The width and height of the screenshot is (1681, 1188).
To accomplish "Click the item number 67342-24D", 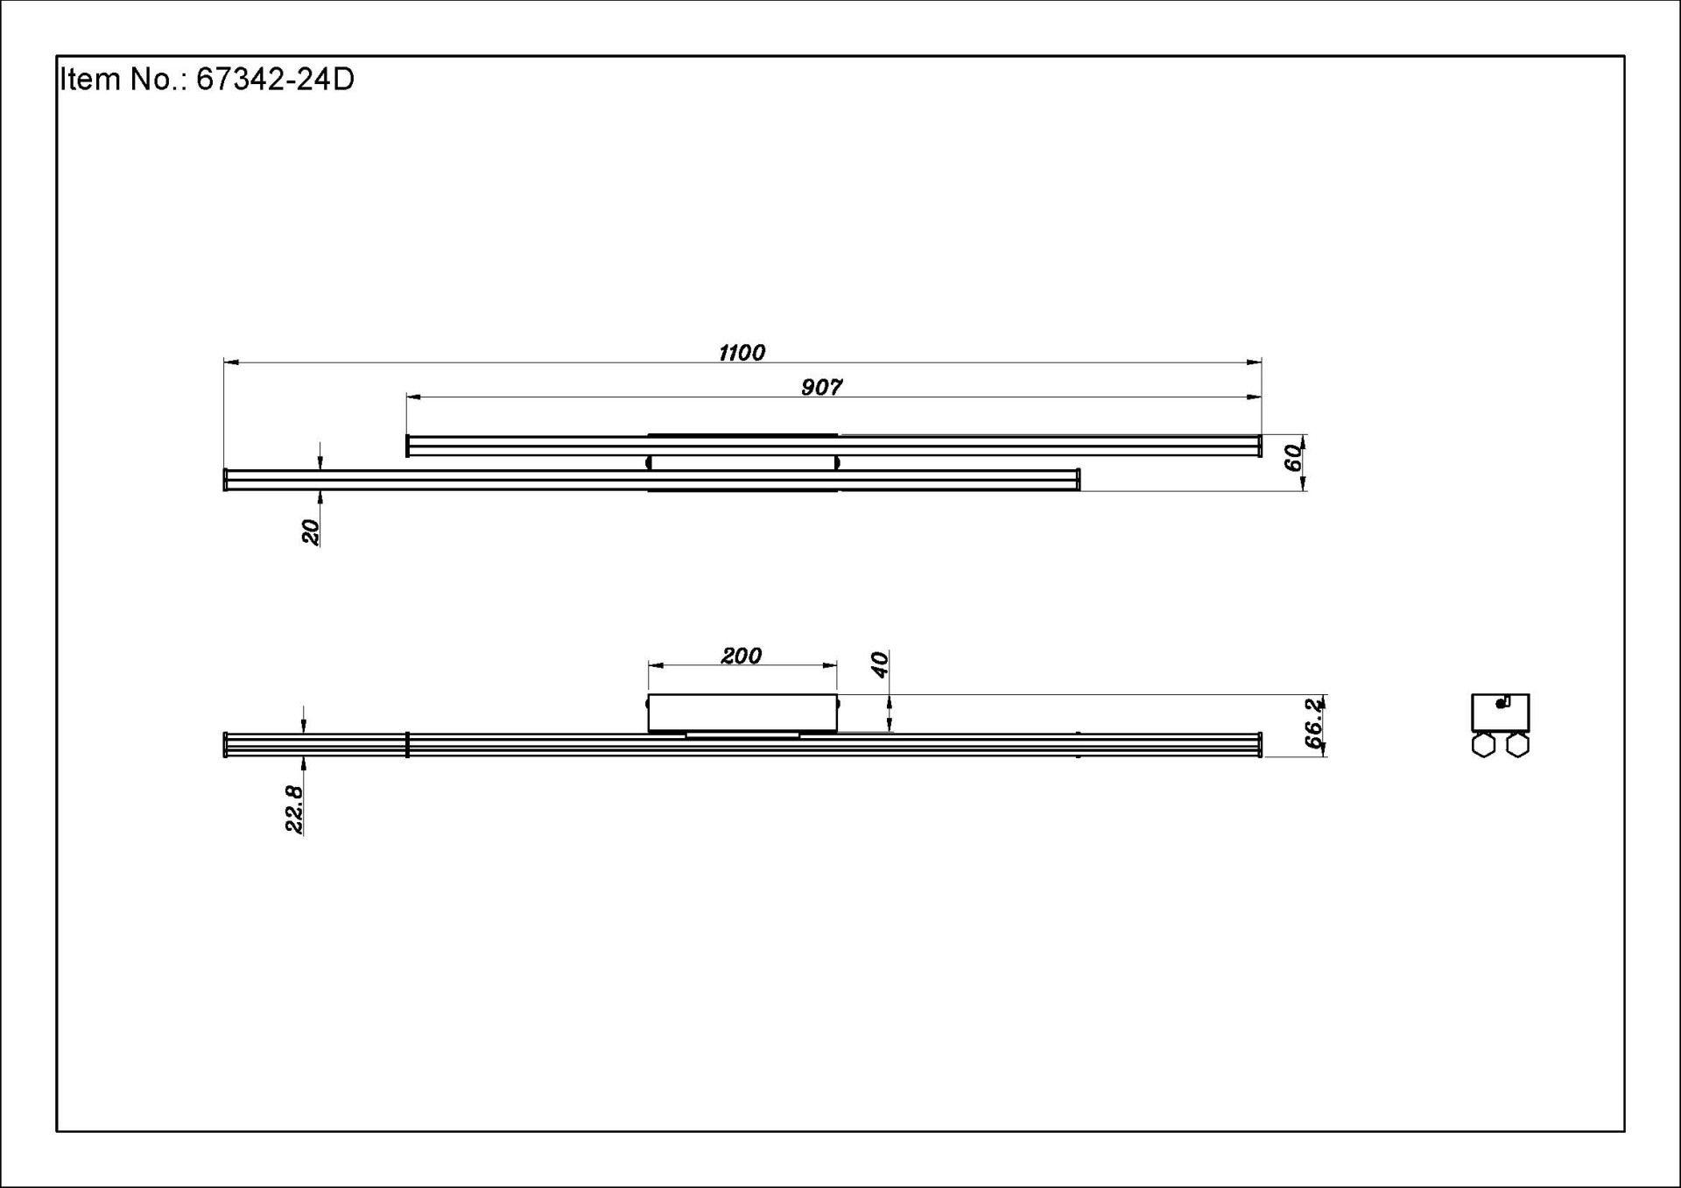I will point(275,80).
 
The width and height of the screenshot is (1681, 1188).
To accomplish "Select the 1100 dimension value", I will point(742,353).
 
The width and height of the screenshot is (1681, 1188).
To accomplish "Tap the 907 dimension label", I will point(821,387).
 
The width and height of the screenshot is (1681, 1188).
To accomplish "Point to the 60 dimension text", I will point(1292,457).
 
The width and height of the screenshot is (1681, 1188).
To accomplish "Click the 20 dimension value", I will point(310,531).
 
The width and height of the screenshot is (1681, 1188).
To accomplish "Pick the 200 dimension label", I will point(741,656).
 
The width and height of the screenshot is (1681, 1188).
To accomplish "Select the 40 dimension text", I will point(880,664).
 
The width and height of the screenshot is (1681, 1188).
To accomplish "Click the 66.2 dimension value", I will point(1314,723).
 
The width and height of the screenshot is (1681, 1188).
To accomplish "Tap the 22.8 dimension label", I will point(294,808).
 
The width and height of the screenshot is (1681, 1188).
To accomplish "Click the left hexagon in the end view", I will point(1483,745).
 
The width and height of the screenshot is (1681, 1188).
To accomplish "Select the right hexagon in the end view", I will point(1517,745).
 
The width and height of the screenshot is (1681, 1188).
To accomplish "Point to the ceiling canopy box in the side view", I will point(742,713).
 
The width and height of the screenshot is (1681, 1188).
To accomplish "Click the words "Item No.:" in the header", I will point(123,80).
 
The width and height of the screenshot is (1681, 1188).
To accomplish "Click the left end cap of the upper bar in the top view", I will point(408,446).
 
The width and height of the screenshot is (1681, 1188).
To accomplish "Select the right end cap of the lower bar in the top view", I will point(1078,480).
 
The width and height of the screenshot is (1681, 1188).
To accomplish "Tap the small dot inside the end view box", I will point(1501,703).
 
